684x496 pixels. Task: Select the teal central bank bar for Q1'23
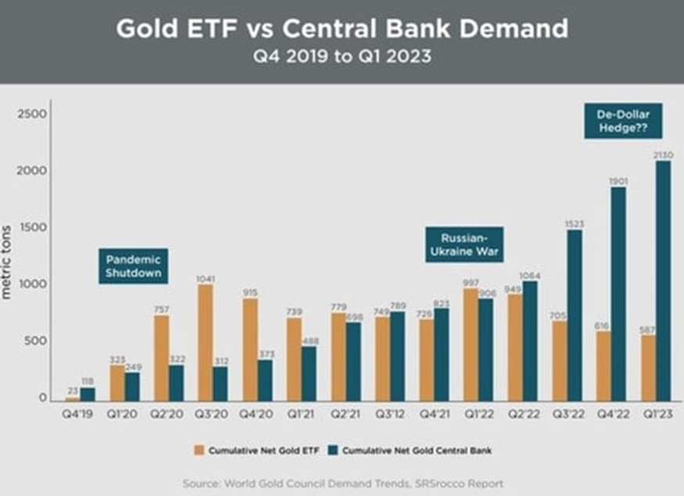tap(663, 282)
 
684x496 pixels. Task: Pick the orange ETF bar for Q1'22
tap(471, 345)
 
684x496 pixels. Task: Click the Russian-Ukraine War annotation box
tap(464, 245)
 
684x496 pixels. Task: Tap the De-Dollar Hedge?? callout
tap(612, 121)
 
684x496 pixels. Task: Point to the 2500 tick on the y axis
tap(32, 114)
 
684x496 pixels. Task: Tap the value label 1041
tap(206, 279)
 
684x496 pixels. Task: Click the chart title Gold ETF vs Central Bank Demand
tap(342, 29)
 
